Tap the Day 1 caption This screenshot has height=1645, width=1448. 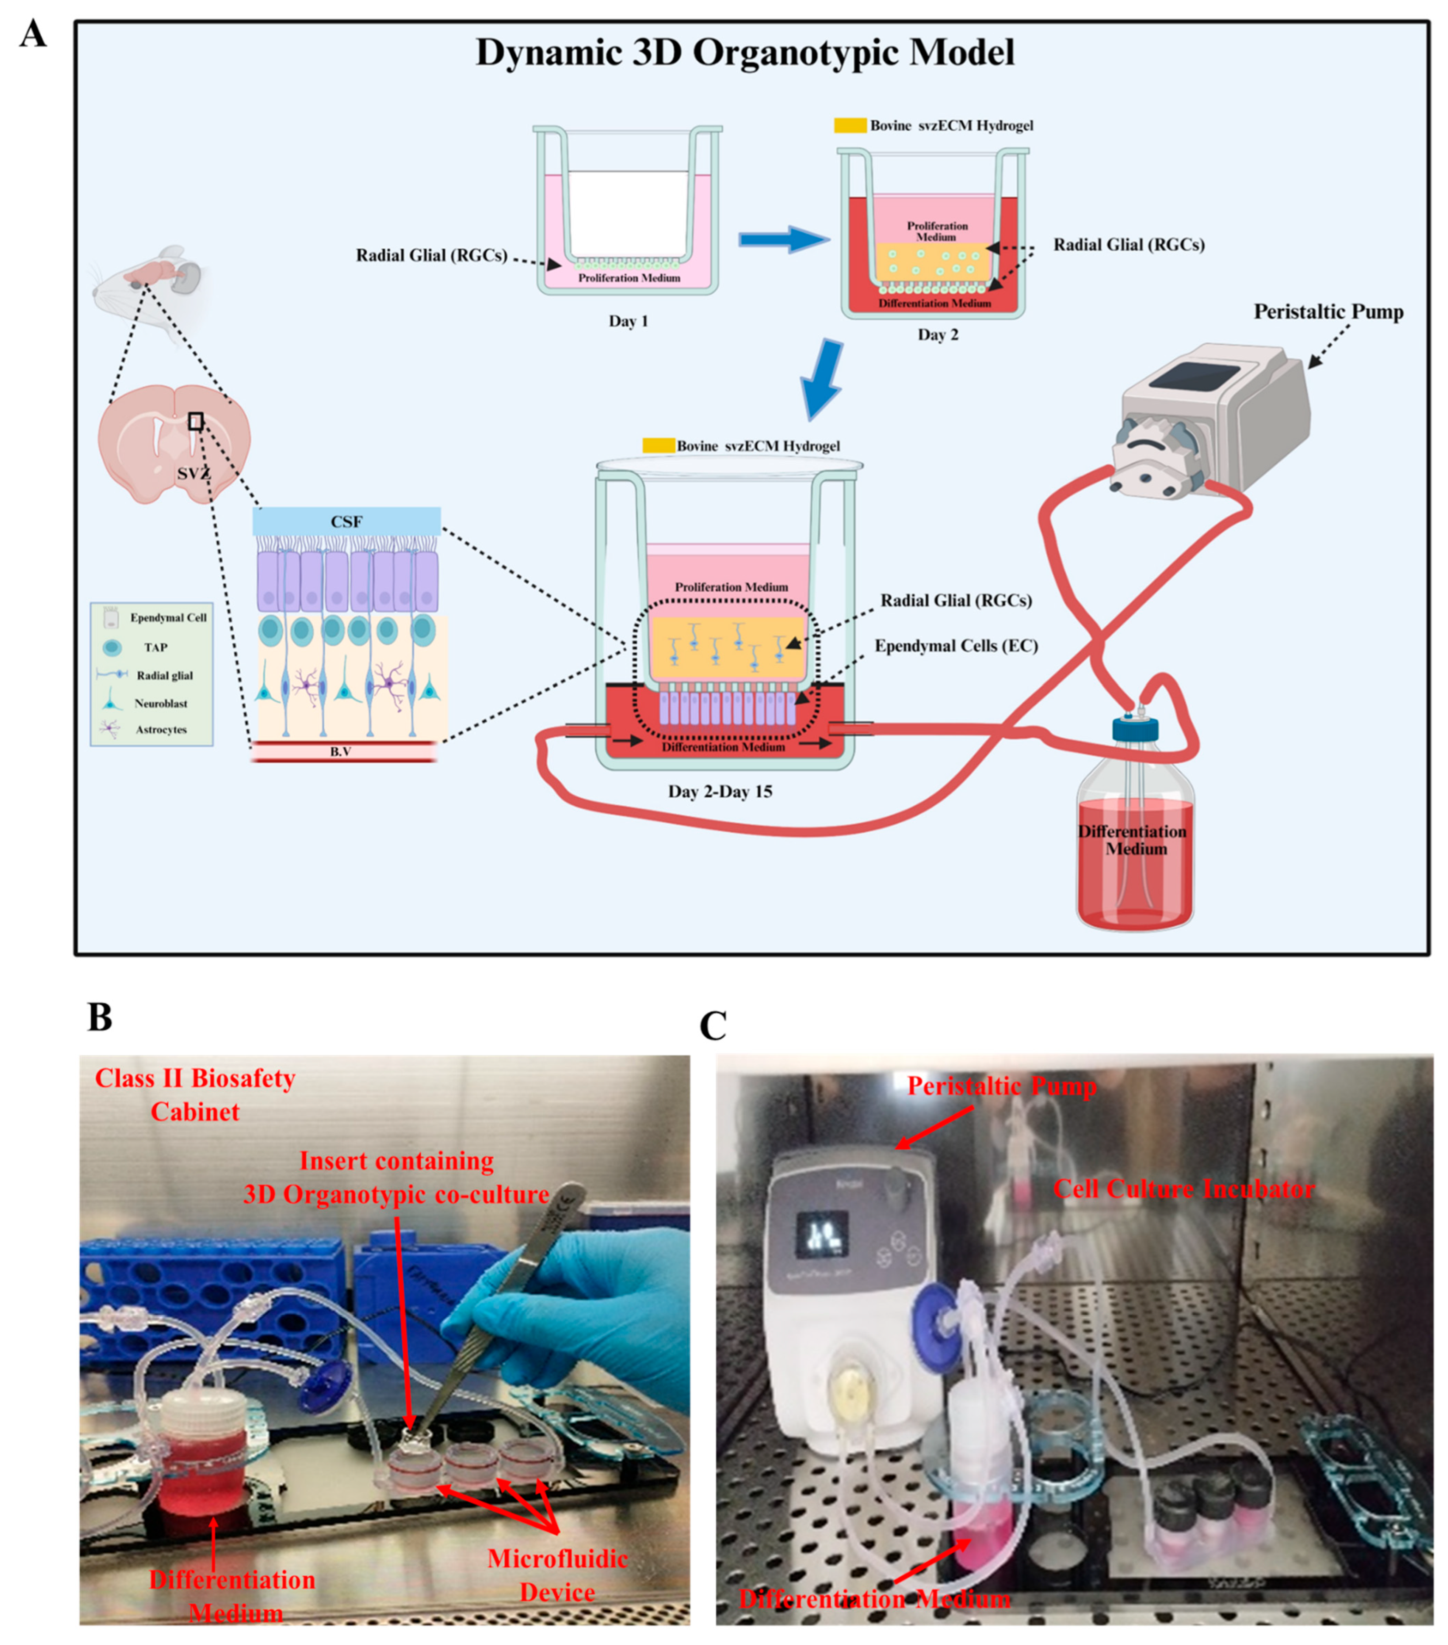[628, 321]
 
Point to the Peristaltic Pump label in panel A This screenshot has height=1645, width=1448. [1327, 312]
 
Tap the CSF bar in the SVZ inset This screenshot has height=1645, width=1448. [346, 521]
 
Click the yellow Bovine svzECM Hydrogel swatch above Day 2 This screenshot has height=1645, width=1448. [849, 126]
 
